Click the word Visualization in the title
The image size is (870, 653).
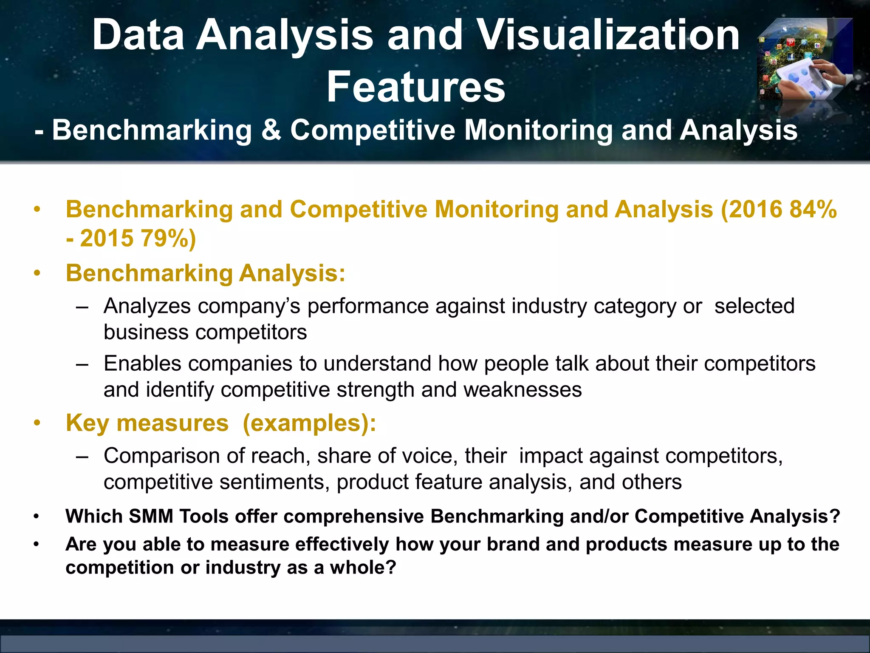pyautogui.click(x=608, y=35)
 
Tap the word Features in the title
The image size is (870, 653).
pyautogui.click(x=416, y=87)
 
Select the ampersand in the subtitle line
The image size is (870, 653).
pyautogui.click(x=271, y=130)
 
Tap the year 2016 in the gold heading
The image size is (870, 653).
pyautogui.click(x=756, y=210)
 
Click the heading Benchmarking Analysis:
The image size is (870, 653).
pyautogui.click(x=206, y=273)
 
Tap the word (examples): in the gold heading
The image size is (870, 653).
pyautogui.click(x=309, y=423)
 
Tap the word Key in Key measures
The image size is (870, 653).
pyautogui.click(x=88, y=423)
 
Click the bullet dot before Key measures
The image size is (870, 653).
pyautogui.click(x=37, y=423)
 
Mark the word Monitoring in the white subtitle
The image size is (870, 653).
pyautogui.click(x=539, y=130)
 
